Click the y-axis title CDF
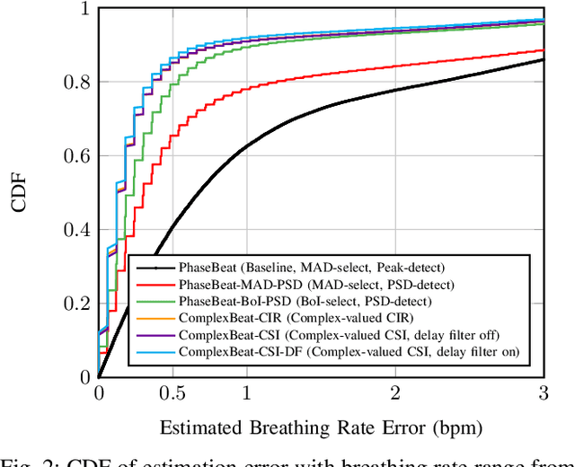pyautogui.click(x=19, y=193)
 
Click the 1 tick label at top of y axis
pyautogui.click(x=82, y=9)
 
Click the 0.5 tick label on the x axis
pyautogui.click(x=172, y=393)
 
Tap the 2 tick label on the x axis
pyautogui.click(x=395, y=393)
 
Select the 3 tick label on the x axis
pyautogui.click(x=544, y=393)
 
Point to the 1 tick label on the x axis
pyautogui.click(x=247, y=393)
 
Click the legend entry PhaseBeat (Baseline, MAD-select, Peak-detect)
pyautogui.click(x=310, y=267)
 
